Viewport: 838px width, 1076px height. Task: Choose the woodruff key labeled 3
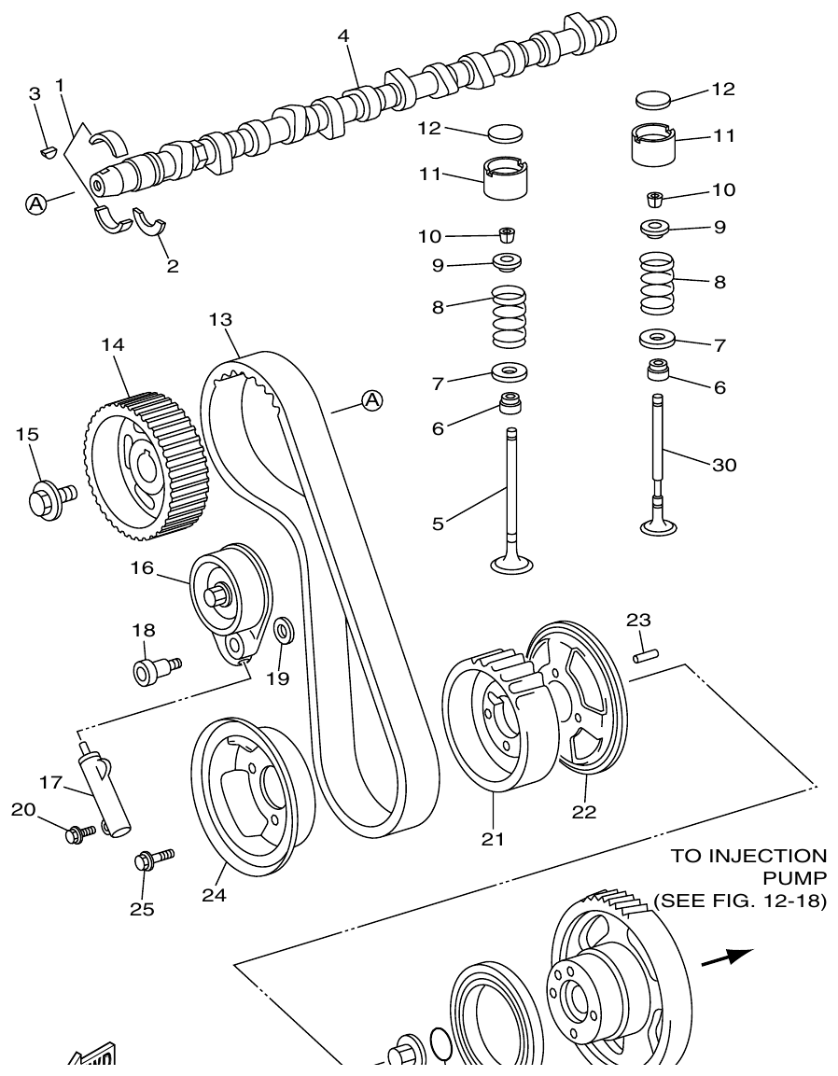(x=49, y=147)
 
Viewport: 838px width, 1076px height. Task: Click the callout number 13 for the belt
(x=220, y=320)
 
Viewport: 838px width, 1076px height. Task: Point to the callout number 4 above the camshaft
(x=343, y=35)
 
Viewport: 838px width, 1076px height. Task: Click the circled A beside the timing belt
(x=372, y=400)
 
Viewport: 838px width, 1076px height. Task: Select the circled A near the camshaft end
(x=35, y=203)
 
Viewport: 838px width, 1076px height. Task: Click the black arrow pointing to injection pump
(x=727, y=957)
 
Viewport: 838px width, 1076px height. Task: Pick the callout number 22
(x=584, y=812)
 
